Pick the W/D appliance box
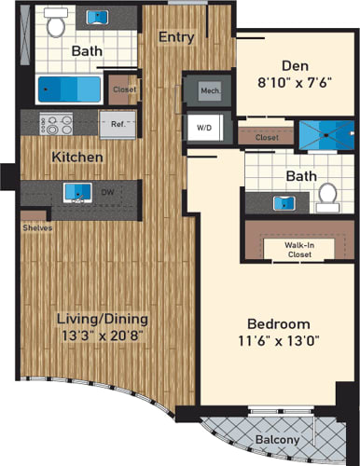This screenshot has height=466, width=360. coord(203,128)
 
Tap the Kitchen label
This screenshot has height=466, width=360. coord(77,157)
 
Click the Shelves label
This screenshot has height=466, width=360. coord(37,227)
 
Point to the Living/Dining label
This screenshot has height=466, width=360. coord(102,320)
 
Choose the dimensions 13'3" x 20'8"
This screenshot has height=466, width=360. coord(102,337)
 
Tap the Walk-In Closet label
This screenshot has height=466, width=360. coord(299,249)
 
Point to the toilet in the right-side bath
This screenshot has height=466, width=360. coord(325,196)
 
